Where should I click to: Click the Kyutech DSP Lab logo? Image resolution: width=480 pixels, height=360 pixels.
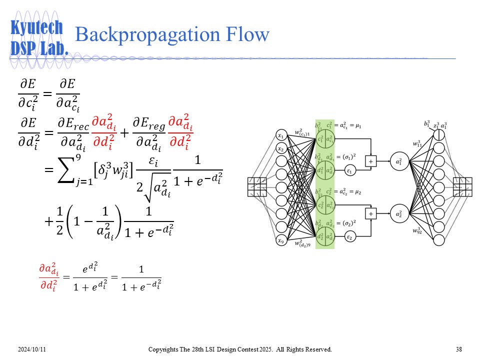click(39, 37)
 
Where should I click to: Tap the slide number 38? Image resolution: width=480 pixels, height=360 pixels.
click(459, 349)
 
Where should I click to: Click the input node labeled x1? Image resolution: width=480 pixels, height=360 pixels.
click(281, 135)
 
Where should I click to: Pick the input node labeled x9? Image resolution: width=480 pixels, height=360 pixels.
click(281, 240)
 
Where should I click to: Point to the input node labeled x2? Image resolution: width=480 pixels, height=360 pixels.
click(281, 149)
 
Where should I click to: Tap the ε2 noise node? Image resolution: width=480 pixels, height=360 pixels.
click(350, 238)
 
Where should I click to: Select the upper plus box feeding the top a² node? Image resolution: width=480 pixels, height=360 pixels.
click(371, 161)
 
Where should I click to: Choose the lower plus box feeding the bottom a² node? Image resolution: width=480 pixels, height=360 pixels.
click(371, 214)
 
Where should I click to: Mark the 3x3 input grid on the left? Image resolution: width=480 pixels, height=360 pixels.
click(257, 187)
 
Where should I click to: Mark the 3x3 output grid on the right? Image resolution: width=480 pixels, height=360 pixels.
click(462, 187)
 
